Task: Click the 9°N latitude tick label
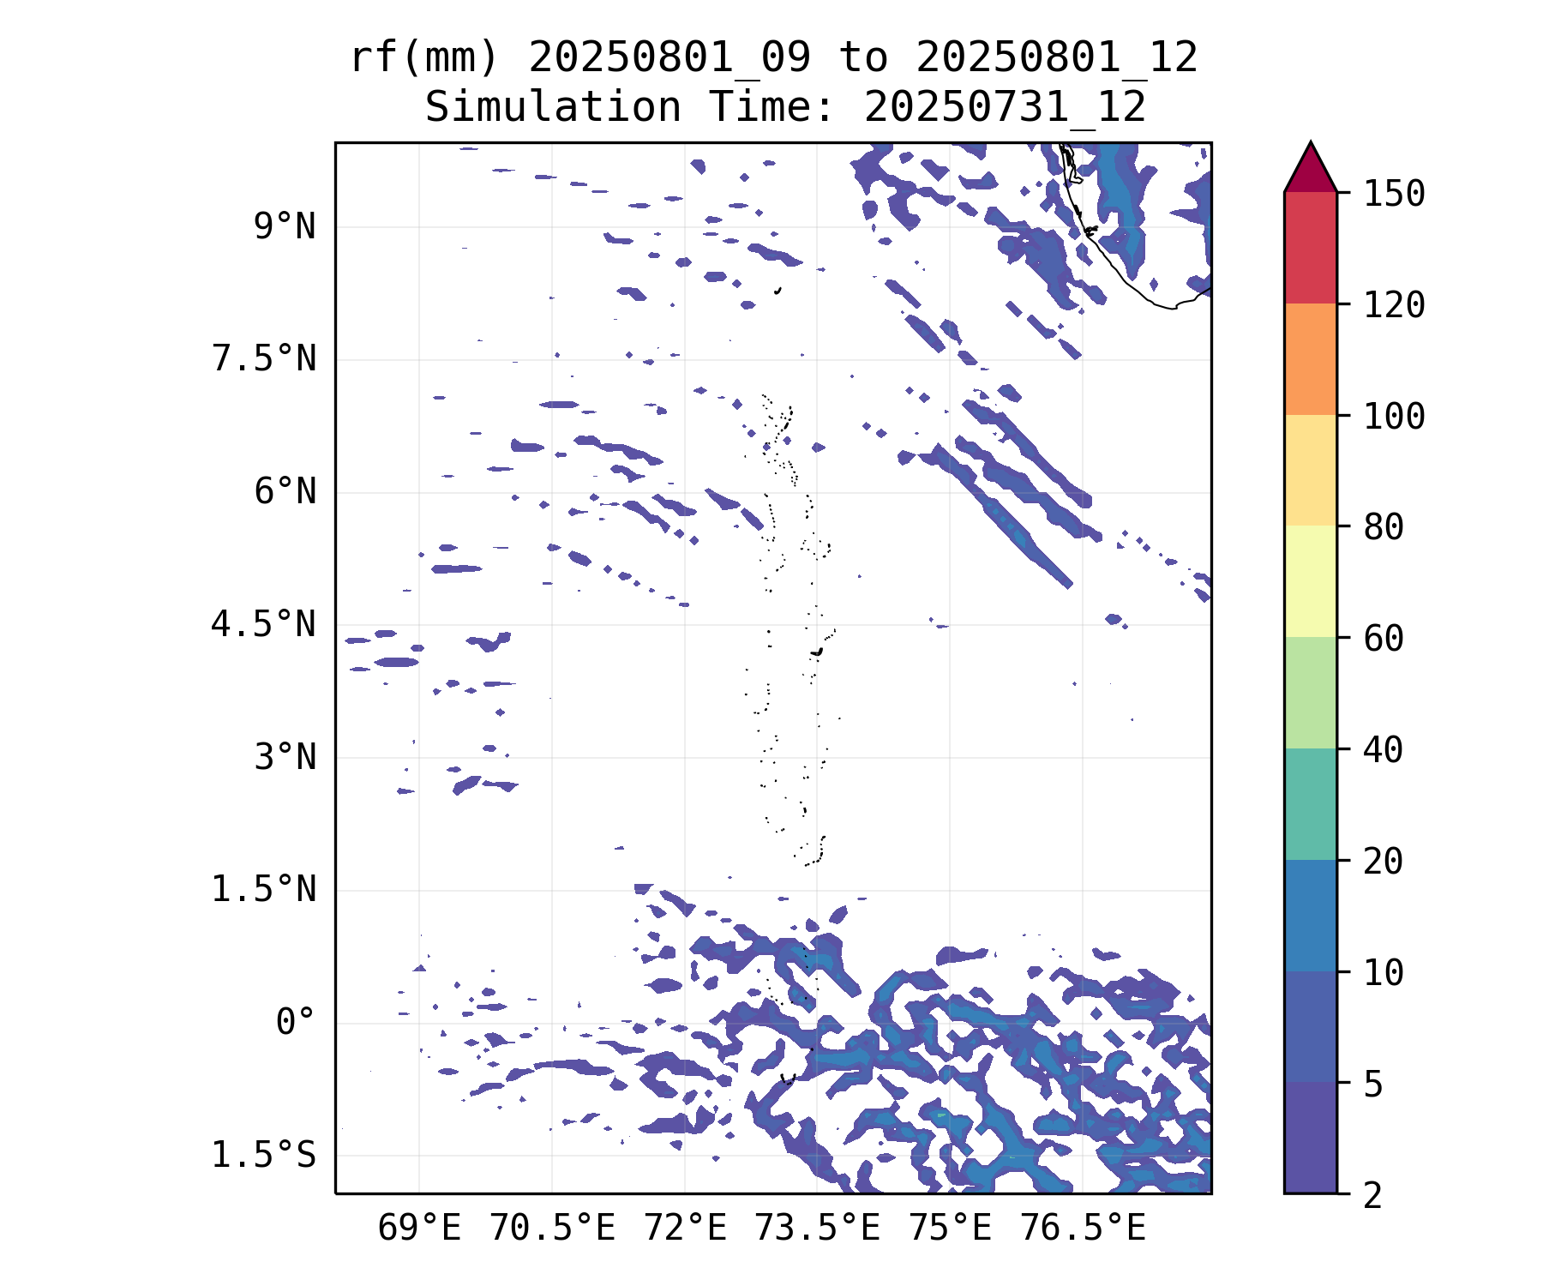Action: tap(284, 227)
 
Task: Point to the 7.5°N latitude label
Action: tap(263, 359)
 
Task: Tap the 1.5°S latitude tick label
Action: tap(263, 1155)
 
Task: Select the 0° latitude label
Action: tap(295, 1022)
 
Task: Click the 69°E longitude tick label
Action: tap(419, 1228)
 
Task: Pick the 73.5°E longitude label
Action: tap(816, 1228)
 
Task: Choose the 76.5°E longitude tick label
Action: tap(1082, 1228)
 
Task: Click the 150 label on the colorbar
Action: tap(1394, 194)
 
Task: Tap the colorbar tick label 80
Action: tap(1384, 526)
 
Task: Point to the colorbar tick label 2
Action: tap(1373, 1194)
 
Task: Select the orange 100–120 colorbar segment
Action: tap(1310, 359)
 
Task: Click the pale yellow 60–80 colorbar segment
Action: tap(1310, 581)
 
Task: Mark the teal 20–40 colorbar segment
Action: tap(1310, 804)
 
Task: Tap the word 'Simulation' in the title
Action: tap(553, 108)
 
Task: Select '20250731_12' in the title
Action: tap(1005, 108)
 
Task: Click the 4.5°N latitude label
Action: tap(263, 624)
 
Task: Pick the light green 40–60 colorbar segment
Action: tap(1310, 693)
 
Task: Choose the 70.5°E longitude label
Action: tap(552, 1228)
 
